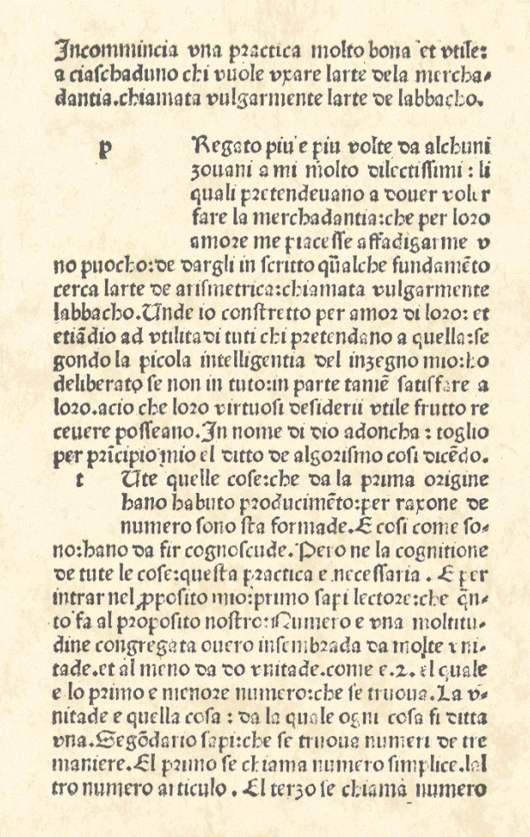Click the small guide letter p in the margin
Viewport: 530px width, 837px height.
(105, 149)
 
